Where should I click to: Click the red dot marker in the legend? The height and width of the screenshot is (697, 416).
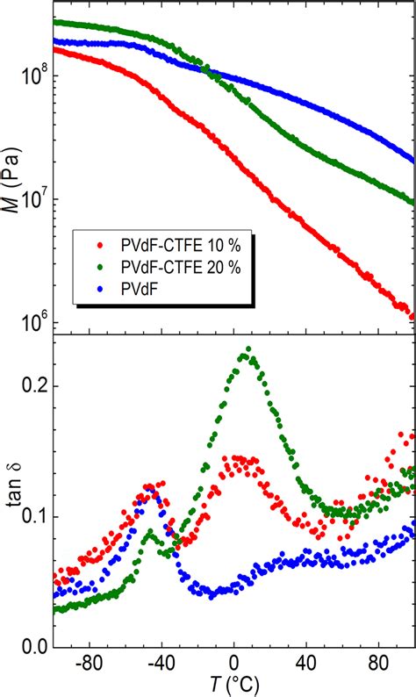click(102, 241)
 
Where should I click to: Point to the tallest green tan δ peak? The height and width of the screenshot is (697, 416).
click(249, 349)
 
